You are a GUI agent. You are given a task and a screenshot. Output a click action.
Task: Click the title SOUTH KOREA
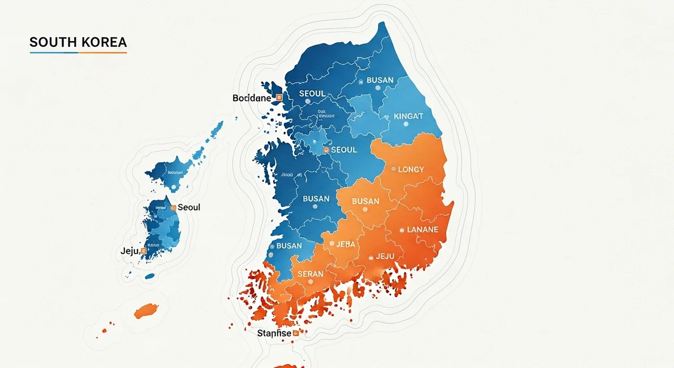click(x=78, y=42)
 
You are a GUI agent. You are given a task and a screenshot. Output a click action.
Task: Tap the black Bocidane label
click(x=252, y=98)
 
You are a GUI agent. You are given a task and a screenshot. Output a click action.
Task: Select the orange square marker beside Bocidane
click(x=279, y=98)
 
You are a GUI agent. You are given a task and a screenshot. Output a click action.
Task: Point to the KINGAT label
click(x=408, y=116)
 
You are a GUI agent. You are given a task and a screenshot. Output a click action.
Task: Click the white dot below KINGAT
click(x=405, y=124)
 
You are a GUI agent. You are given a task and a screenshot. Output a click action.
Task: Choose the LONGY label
click(x=411, y=169)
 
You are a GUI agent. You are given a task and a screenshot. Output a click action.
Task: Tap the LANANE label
click(x=422, y=230)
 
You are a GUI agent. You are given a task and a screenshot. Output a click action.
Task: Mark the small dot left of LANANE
click(x=402, y=230)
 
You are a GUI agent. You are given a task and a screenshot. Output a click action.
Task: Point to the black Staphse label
click(x=274, y=333)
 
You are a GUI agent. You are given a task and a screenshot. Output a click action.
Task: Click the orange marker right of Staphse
click(x=295, y=333)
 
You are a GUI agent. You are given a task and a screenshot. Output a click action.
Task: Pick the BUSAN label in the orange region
click(x=365, y=201)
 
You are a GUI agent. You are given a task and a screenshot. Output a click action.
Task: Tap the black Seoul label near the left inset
click(x=189, y=207)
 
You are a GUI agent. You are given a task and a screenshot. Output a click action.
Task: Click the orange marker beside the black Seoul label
click(x=173, y=208)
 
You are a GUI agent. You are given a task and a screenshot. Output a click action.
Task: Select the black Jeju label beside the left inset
click(x=130, y=251)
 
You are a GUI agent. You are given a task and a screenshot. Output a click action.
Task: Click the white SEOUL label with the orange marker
click(x=344, y=150)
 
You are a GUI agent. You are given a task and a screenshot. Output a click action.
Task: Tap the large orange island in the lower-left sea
click(x=146, y=311)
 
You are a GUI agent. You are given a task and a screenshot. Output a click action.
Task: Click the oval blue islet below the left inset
click(x=150, y=276)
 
